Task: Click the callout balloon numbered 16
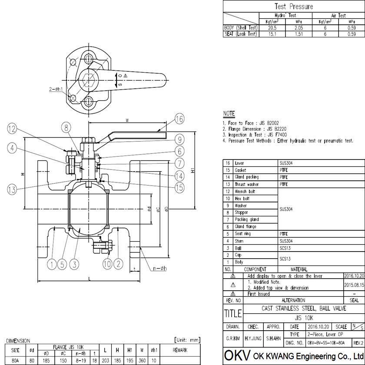click(x=180, y=119)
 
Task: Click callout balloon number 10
click(x=108, y=264)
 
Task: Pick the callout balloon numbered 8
click(x=66, y=127)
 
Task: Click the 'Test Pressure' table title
click(x=294, y=7)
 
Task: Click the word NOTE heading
click(x=229, y=114)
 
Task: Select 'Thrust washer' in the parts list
click(x=246, y=184)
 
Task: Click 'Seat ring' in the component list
click(x=243, y=234)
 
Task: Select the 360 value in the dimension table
click(x=141, y=360)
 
